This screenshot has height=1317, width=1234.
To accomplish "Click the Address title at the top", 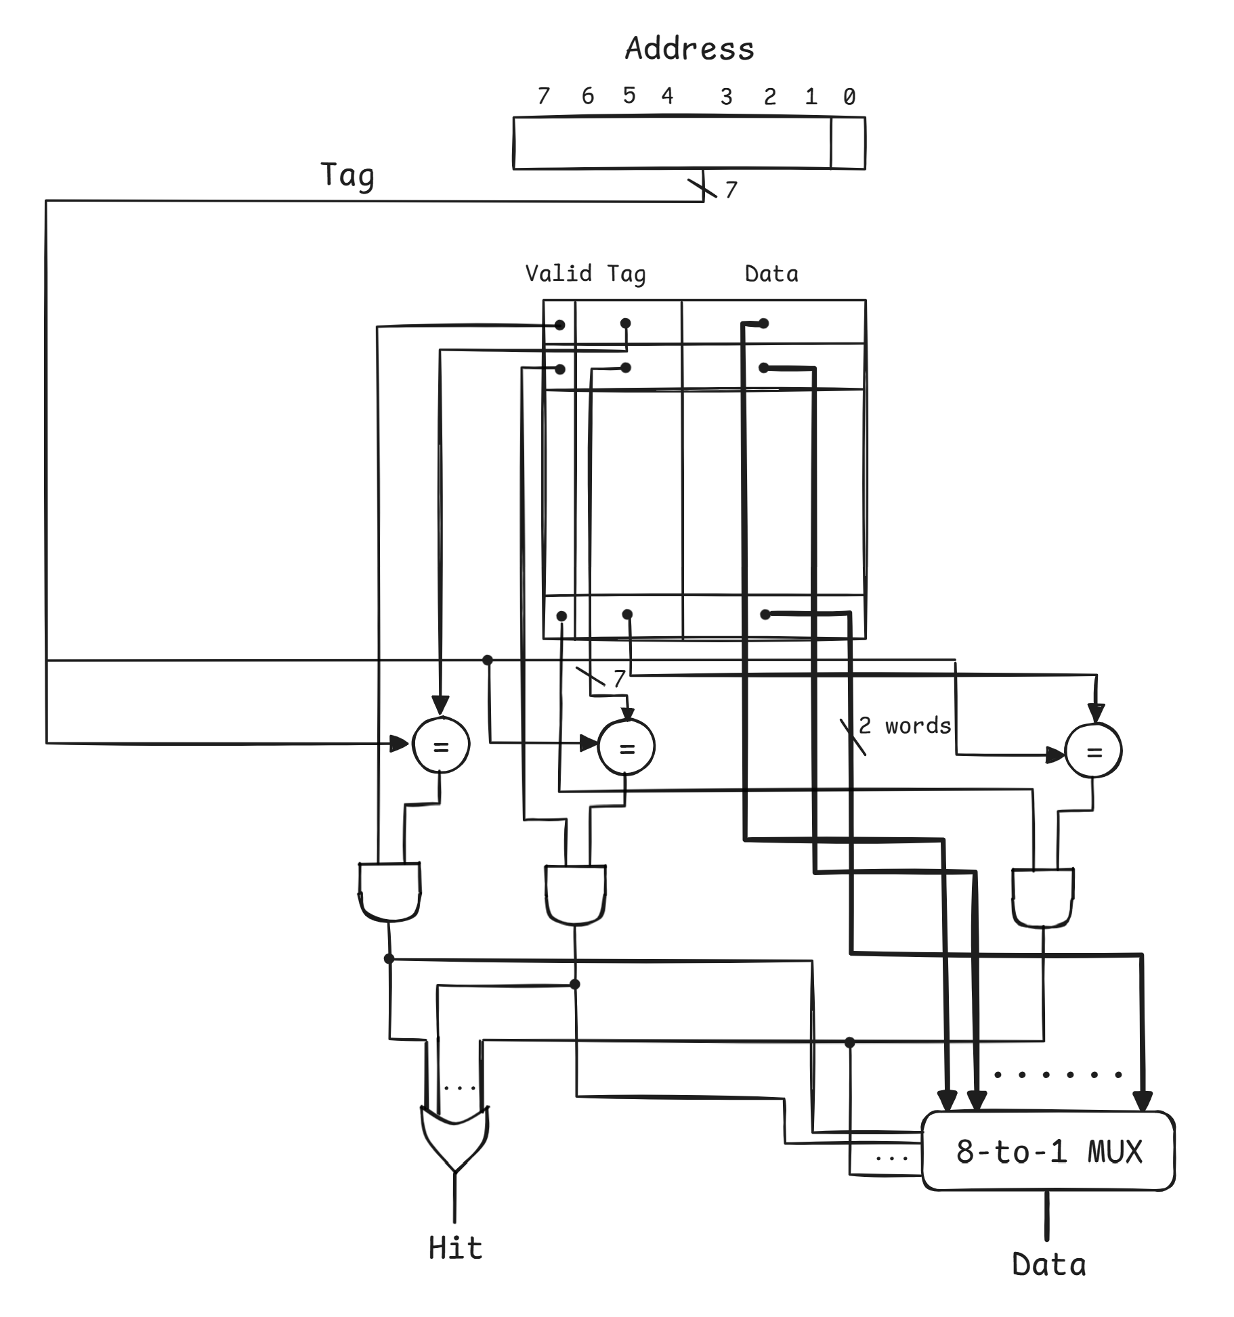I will pos(689,49).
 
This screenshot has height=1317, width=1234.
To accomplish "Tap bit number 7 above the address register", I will pos(543,96).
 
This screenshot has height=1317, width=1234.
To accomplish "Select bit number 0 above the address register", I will pos(849,97).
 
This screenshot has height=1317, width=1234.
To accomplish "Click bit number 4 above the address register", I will pos(667,96).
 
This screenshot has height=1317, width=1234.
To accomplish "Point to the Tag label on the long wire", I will pos(347,176).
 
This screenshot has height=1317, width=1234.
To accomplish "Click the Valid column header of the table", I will pos(558,273).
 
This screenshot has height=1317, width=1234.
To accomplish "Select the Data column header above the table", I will pos(771,274).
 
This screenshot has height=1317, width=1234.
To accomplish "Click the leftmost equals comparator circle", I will pos(441,746).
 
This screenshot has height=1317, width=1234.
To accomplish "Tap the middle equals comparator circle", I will pos(626,747).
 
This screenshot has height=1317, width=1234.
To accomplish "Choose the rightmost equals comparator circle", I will pos(1093,751).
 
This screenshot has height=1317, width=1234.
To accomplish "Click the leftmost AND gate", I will pos(389,891).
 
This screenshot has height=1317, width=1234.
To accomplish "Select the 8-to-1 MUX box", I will pos(1048,1151).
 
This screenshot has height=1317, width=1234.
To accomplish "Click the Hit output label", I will pos(455,1247).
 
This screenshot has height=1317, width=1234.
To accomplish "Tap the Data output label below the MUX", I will pos(1048,1264).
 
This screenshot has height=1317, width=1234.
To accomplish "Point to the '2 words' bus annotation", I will pos(904,726).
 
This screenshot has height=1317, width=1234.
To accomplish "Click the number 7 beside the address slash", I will pos(731,190).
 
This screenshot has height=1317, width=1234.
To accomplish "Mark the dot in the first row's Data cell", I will pos(764,323).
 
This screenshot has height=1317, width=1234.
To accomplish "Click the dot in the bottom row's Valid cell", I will pos(561,616).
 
